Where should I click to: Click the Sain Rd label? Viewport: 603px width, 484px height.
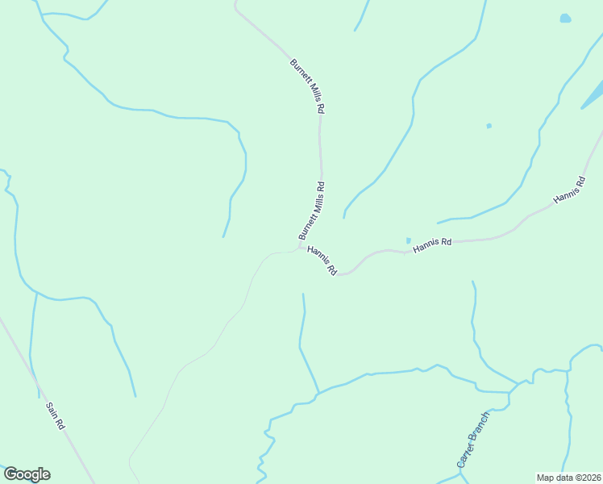click(x=56, y=415)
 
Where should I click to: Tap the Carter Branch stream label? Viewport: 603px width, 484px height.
click(x=472, y=440)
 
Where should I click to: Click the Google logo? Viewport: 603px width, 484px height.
click(x=27, y=474)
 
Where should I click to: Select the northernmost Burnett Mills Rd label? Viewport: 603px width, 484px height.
click(x=308, y=85)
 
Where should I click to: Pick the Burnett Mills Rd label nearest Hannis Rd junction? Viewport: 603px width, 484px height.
click(x=311, y=211)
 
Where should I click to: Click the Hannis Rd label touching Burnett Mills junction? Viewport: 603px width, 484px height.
click(x=322, y=261)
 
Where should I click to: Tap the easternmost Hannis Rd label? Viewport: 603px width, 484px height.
click(x=569, y=189)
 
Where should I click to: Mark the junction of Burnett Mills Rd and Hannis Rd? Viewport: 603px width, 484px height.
click(x=300, y=248)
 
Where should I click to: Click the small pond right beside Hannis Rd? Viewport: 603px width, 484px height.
click(x=409, y=240)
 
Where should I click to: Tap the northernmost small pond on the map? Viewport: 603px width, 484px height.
click(x=565, y=19)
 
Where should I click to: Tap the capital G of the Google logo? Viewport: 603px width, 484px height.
click(x=10, y=474)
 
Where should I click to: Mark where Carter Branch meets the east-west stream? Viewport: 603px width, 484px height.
click(x=509, y=393)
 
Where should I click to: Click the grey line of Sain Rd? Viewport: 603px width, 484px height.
click(x=24, y=362)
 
